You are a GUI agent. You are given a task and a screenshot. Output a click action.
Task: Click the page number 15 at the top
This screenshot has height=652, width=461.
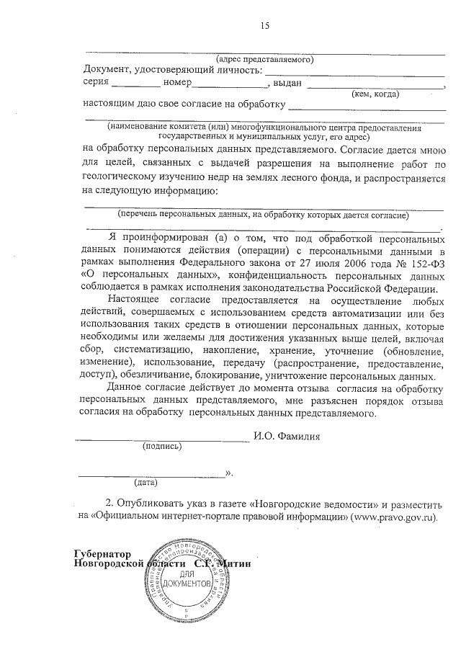click(x=264, y=26)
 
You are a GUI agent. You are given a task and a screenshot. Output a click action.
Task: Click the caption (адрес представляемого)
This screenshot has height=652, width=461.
click(x=264, y=60)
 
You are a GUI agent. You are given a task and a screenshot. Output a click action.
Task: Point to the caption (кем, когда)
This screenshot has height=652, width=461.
click(x=375, y=94)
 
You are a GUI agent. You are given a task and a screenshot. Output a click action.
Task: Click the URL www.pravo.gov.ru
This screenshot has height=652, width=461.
click(x=394, y=517)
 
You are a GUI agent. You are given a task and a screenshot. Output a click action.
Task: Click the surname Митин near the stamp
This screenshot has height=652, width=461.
click(x=231, y=562)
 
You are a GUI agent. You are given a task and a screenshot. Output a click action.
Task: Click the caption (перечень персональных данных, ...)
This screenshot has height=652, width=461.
click(x=264, y=215)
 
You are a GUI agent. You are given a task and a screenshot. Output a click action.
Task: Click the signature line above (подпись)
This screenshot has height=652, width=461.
click(x=163, y=439)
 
